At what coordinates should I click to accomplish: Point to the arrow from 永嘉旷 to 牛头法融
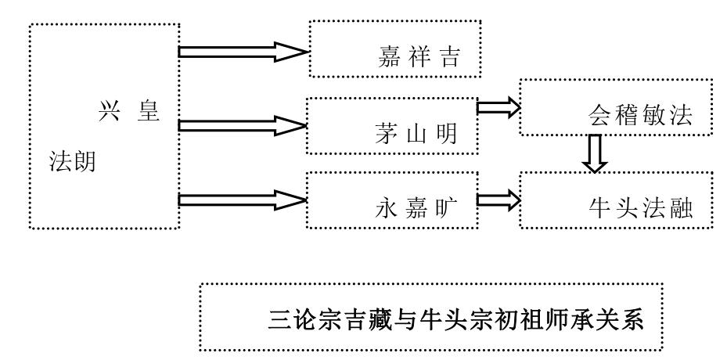(x=498, y=200)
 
